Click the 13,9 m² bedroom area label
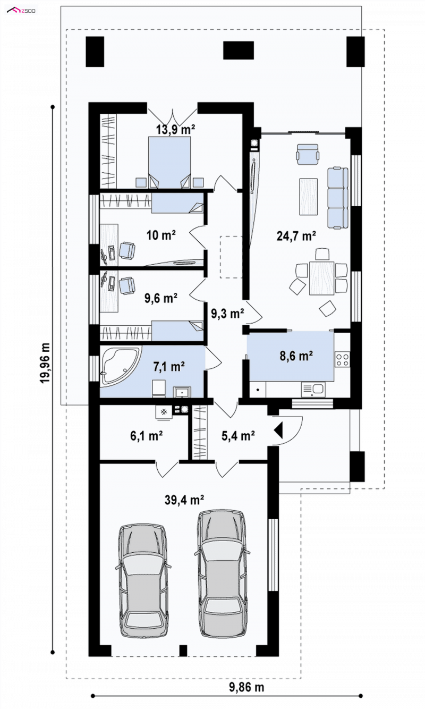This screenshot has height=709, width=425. click(x=175, y=129)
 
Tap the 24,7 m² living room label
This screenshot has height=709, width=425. click(x=296, y=236)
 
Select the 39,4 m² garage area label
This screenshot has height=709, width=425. click(x=184, y=500)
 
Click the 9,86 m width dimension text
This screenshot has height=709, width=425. click(x=246, y=687)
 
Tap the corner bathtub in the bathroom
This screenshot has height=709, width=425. click(x=121, y=366)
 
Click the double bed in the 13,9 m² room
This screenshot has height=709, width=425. click(x=169, y=162)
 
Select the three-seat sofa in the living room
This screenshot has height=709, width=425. click(x=338, y=198)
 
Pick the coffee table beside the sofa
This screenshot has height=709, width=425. click(x=308, y=197)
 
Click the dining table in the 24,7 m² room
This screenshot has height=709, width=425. click(x=321, y=277)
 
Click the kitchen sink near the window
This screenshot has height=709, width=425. click(x=313, y=390)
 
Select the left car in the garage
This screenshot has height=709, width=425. click(x=143, y=579)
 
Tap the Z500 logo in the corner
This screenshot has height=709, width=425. click(x=21, y=11)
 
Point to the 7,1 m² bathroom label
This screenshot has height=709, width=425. click(x=169, y=367)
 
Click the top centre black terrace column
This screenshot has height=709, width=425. click(x=239, y=50)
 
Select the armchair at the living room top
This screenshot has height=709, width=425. click(x=307, y=154)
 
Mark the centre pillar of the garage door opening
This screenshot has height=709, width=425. click(x=183, y=651)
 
